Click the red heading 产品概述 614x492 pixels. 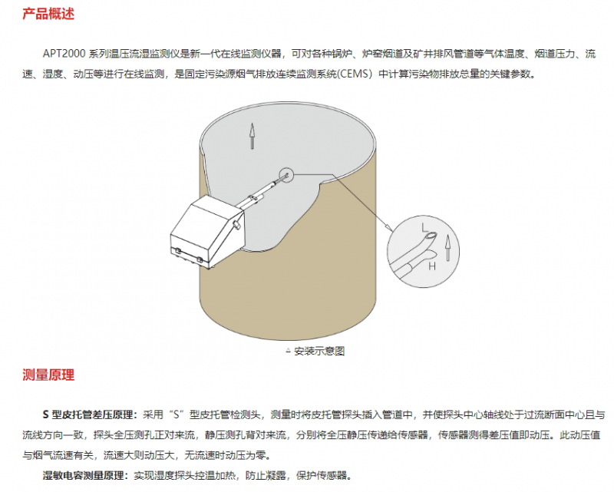tap(48, 14)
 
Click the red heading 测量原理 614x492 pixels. tap(48, 375)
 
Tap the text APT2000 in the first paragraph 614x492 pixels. tap(64, 54)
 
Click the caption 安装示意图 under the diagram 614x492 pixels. tap(319, 351)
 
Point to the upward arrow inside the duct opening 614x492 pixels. tap(253, 137)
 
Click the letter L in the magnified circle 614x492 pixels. tap(425, 227)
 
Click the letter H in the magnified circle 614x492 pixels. tap(432, 266)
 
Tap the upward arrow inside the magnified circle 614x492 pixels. tap(447, 248)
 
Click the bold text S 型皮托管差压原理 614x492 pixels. tap(90, 414)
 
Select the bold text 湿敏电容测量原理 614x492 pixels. tap(85, 476)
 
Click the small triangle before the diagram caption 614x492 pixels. tap(289, 350)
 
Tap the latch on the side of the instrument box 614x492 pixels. tap(237, 225)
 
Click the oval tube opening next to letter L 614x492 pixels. tap(431, 236)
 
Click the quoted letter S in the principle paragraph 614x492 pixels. tap(177, 414)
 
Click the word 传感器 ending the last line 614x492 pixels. tap(332, 476)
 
